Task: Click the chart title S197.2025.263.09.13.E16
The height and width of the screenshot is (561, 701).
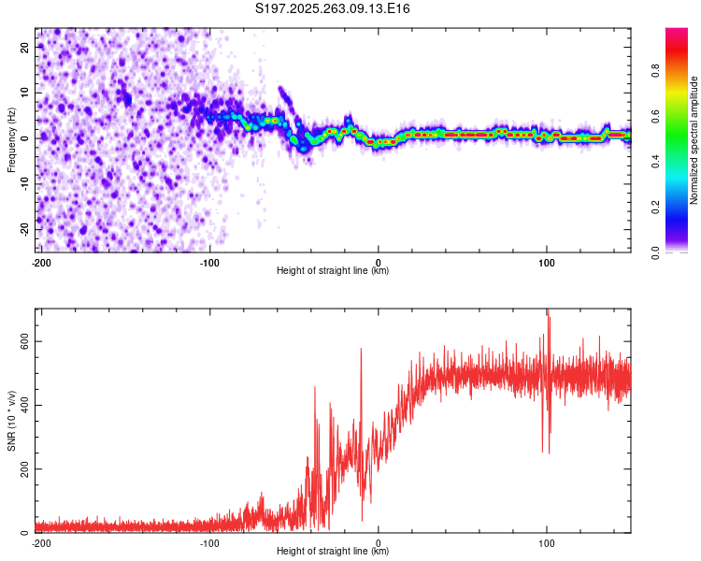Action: (334, 8)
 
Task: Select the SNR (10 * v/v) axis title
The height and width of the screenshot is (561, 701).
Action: (12, 421)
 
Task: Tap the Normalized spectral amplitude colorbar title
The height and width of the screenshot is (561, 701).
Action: (694, 140)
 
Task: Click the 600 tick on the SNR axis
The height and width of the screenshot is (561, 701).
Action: (23, 341)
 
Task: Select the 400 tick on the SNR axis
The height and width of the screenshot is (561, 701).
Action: (23, 405)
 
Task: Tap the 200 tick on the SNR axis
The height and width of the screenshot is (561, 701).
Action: (23, 468)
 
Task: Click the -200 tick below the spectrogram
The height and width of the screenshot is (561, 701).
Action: (41, 262)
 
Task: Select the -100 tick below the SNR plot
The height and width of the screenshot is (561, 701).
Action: (209, 542)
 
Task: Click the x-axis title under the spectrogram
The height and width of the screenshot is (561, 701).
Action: (333, 271)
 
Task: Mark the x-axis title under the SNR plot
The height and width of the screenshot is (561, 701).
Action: (333, 552)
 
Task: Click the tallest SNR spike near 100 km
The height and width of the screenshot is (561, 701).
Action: (548, 311)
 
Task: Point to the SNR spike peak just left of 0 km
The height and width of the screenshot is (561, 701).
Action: (361, 350)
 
